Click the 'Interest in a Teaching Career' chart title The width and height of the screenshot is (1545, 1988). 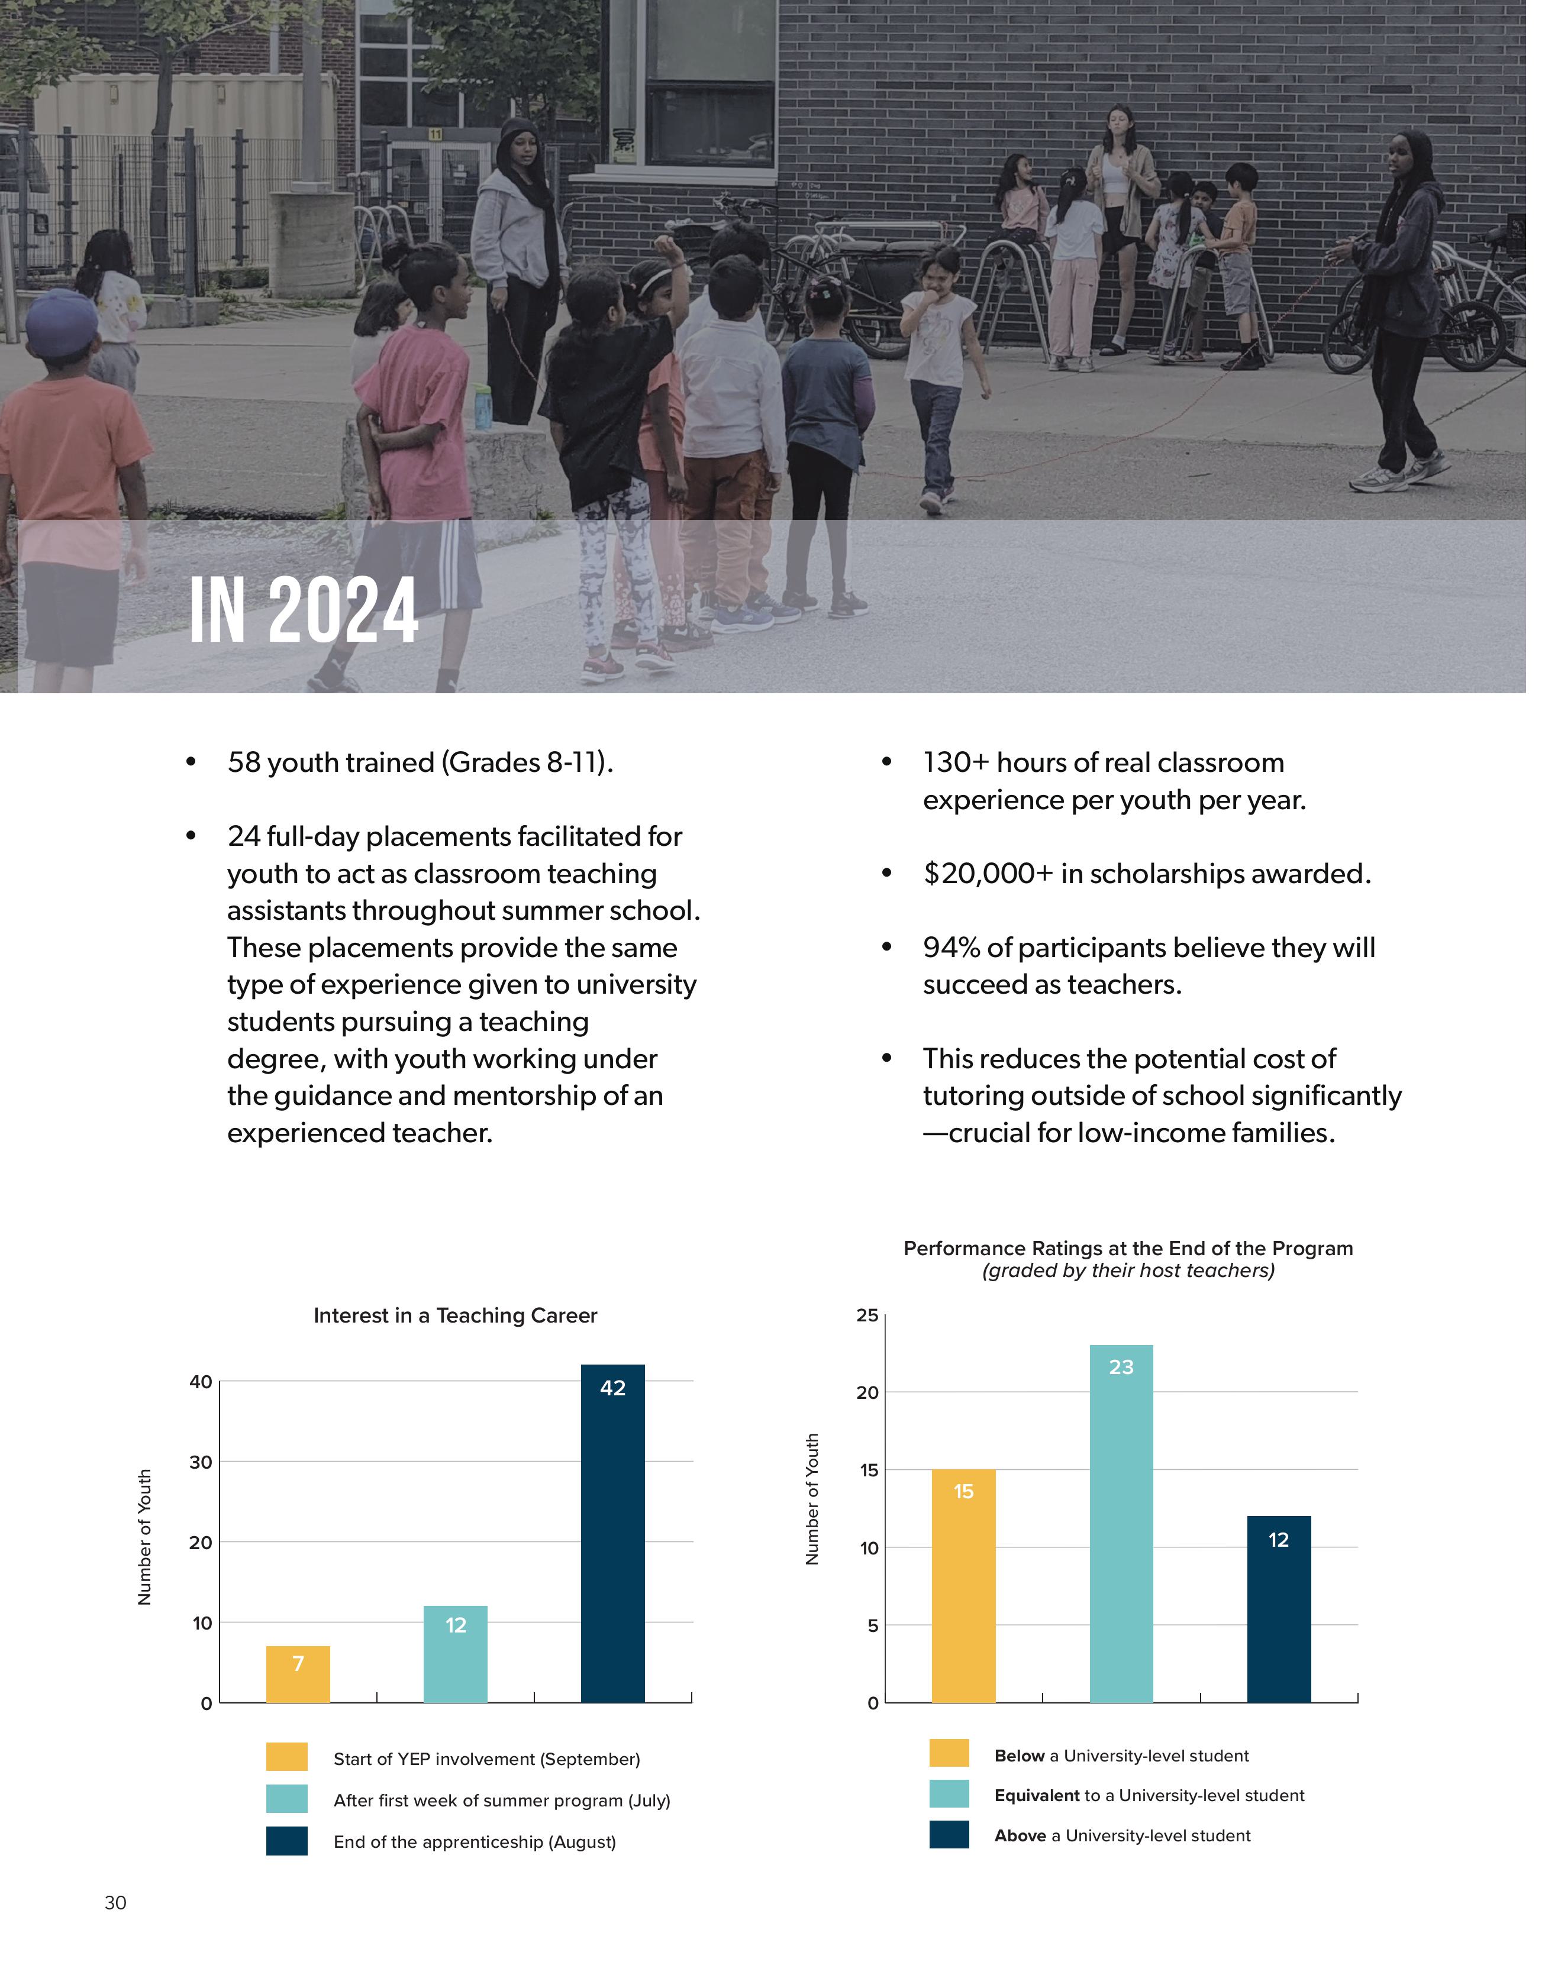click(x=455, y=1315)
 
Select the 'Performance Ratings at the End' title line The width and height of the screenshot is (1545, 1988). click(x=1128, y=1248)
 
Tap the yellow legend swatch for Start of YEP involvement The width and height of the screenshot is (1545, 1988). click(x=287, y=1757)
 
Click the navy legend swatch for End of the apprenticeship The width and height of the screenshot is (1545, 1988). click(x=287, y=1841)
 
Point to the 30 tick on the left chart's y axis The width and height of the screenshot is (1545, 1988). click(x=200, y=1462)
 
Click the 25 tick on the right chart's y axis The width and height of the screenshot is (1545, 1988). click(x=867, y=1315)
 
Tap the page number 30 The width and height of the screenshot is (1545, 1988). click(x=115, y=1902)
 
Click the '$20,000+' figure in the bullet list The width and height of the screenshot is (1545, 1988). click(x=988, y=874)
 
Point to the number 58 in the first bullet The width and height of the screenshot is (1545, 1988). click(x=243, y=763)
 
